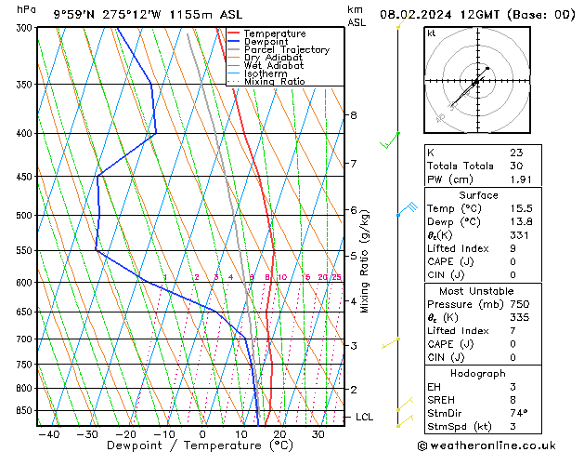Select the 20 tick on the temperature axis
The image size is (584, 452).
point(279,433)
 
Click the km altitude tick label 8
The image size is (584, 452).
point(353,115)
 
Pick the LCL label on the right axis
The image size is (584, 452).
point(364,418)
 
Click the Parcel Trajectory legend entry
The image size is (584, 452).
point(286,50)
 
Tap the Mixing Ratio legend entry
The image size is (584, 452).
point(274,82)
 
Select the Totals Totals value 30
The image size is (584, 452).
point(516,166)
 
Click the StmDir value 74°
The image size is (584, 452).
point(519,413)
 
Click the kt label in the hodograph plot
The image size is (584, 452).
point(431,33)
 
